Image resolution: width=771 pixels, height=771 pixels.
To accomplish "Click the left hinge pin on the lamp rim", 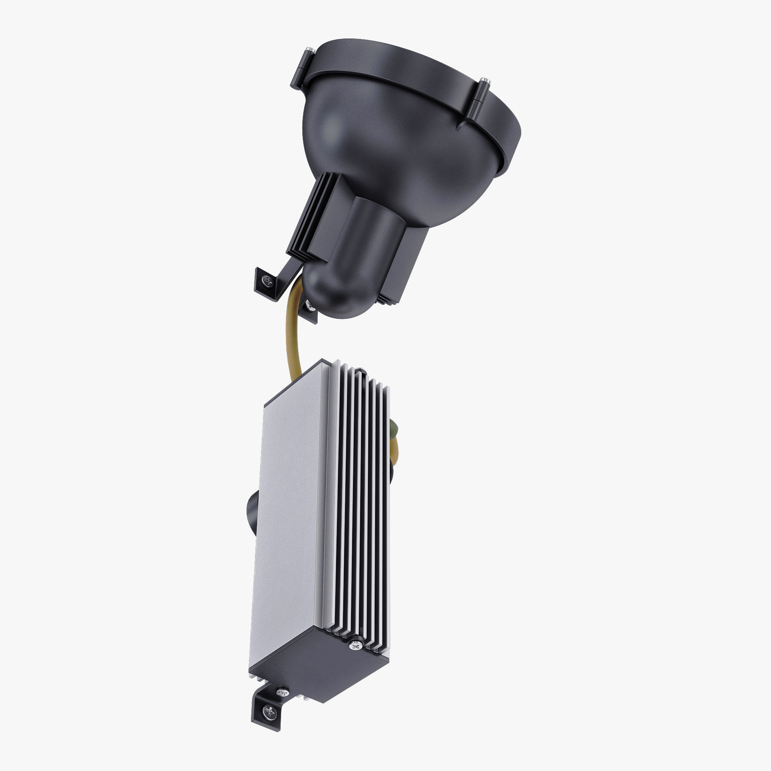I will [x=309, y=51].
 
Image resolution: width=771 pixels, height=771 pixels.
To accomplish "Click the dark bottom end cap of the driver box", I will [x=317, y=651].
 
